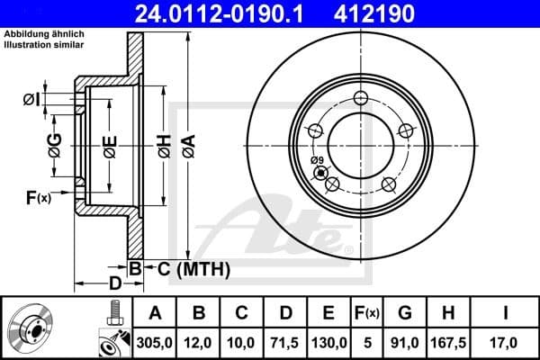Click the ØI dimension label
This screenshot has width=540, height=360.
[31, 98]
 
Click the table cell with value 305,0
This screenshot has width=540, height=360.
[156, 342]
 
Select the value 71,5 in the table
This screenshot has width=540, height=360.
[284, 342]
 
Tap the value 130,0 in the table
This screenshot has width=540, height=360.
[328, 342]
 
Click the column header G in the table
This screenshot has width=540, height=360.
[405, 312]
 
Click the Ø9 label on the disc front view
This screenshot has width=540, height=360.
[317, 161]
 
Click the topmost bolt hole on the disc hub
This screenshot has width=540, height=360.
[362, 99]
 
